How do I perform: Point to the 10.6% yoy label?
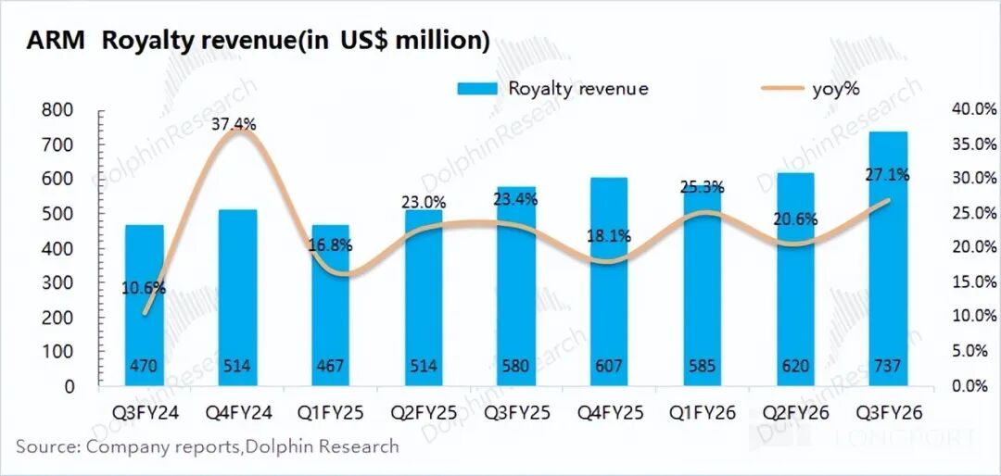[144, 287]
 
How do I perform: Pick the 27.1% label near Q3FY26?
[887, 173]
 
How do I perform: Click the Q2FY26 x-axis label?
[794, 408]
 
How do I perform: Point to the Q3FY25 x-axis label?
[515, 408]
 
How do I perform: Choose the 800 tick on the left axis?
[57, 110]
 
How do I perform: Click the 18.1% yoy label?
[609, 236]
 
